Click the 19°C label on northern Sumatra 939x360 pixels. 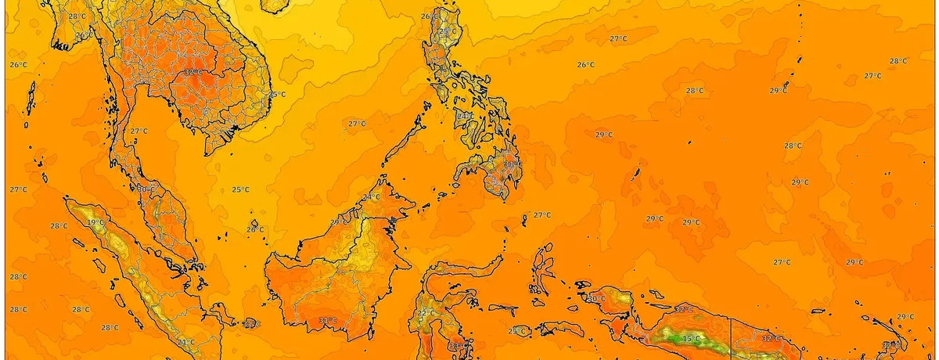tap(95, 223)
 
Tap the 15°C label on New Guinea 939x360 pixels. tap(691, 339)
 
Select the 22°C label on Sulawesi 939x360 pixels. tap(426, 313)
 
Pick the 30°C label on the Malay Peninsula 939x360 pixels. tap(144, 189)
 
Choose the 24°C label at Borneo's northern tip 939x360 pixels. tap(371, 197)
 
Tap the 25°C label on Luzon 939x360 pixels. tap(447, 32)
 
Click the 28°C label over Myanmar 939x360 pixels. tap(76, 16)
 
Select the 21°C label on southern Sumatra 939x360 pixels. tap(185, 342)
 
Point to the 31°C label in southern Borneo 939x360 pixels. tap(327, 320)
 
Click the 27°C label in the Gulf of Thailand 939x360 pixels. tap(139, 131)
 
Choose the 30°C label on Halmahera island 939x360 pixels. tap(596, 298)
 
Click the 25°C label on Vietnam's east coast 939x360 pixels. tap(277, 95)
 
